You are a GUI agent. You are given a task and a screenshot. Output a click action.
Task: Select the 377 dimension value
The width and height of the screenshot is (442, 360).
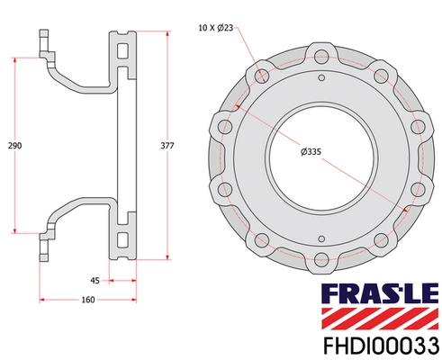[x=167, y=145]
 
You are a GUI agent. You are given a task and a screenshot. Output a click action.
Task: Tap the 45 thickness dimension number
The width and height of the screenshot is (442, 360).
[x=95, y=280]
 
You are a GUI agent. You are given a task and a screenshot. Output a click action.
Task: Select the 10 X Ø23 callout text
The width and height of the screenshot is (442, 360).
[x=216, y=29]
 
